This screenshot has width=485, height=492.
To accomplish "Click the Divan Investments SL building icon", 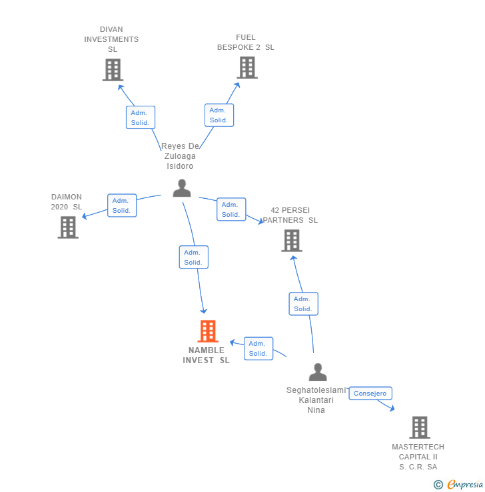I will click(x=113, y=70).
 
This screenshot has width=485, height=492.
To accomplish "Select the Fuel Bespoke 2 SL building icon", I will click(x=246, y=68).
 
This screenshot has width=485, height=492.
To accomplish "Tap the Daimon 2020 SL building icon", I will click(x=68, y=227).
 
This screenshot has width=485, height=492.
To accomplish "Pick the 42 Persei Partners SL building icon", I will click(x=291, y=241).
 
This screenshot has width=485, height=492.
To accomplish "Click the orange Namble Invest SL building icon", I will click(x=208, y=331).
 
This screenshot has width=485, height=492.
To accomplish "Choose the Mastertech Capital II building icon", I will click(x=419, y=428).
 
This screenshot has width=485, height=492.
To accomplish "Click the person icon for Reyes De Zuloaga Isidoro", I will click(x=182, y=188).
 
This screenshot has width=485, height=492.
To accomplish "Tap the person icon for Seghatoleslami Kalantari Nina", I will click(x=318, y=372).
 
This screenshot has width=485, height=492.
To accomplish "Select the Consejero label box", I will click(x=370, y=394).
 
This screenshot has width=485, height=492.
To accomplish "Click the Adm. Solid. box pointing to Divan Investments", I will click(x=140, y=118).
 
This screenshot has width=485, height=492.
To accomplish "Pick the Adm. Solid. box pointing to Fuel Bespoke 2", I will click(x=219, y=115).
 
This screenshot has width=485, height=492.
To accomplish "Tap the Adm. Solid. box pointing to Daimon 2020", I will click(x=121, y=205).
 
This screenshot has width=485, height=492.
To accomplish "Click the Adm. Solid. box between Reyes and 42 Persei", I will click(x=231, y=209).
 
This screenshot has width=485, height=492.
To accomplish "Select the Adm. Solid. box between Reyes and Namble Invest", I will click(x=193, y=257).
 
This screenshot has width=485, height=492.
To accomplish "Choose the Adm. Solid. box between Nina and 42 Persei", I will click(x=303, y=304).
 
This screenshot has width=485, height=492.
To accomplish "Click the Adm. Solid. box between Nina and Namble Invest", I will click(x=258, y=348).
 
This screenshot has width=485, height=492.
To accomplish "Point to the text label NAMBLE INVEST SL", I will click(x=206, y=355).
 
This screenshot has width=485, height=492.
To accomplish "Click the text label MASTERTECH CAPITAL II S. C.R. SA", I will click(x=418, y=457).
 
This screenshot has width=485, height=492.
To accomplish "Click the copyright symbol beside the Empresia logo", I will click(x=438, y=485).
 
